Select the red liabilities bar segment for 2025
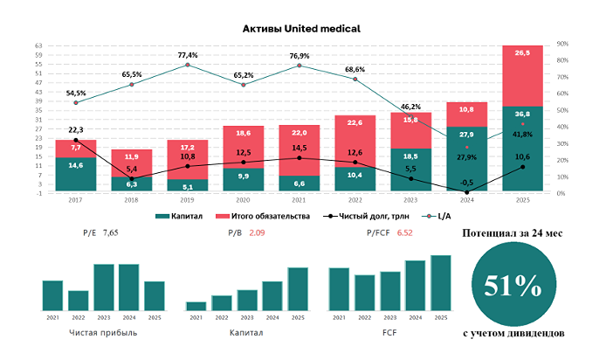click(x=522, y=76)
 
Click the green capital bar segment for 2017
click(x=76, y=175)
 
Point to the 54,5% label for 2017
click(x=76, y=93)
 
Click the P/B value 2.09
click(x=258, y=233)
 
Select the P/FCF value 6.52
click(x=404, y=233)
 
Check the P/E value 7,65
click(x=110, y=233)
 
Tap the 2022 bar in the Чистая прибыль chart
click(x=79, y=301)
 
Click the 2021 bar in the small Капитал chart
click(x=196, y=306)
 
